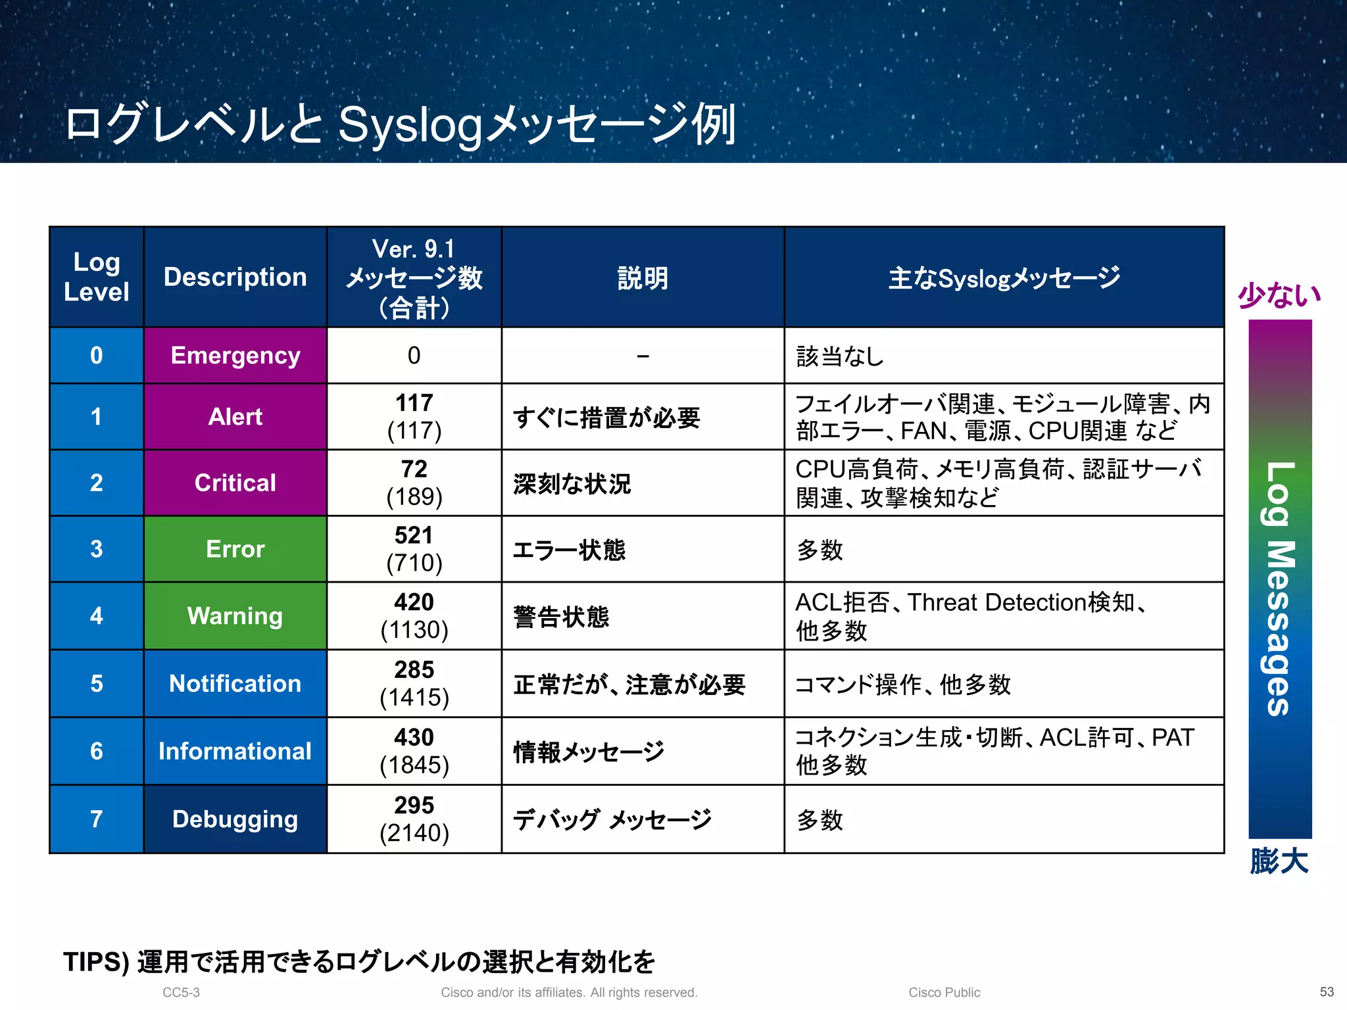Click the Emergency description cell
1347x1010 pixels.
click(x=235, y=356)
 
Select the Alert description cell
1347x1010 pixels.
click(x=235, y=417)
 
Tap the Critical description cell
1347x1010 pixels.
click(x=235, y=483)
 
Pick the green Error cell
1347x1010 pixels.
click(x=235, y=549)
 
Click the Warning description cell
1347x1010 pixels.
click(x=235, y=616)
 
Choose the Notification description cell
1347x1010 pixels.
click(x=235, y=684)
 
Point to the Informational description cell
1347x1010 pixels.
click(x=235, y=752)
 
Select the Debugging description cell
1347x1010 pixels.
click(x=235, y=819)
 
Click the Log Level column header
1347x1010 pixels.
click(x=96, y=277)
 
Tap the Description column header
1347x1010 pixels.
click(x=235, y=277)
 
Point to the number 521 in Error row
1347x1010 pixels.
click(x=414, y=535)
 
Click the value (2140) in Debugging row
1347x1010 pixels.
click(x=414, y=833)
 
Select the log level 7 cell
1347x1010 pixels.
click(x=96, y=819)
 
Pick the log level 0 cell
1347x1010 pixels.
click(x=96, y=356)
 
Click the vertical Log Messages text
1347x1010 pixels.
click(x=1280, y=589)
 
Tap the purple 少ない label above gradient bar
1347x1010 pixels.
click(x=1279, y=295)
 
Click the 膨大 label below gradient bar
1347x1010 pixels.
click(x=1279, y=861)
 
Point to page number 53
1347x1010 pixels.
click(x=1327, y=992)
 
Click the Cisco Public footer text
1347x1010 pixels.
click(x=944, y=992)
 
